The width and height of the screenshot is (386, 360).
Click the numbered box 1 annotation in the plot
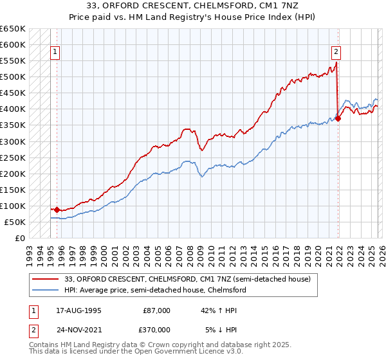pyautogui.click(x=55, y=53)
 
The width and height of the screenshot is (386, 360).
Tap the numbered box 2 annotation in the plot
pyautogui.click(x=336, y=53)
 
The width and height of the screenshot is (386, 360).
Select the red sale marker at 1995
pyautogui.click(x=57, y=210)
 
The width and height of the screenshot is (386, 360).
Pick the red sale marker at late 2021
pyautogui.click(x=338, y=118)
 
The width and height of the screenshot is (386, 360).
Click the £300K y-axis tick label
pyautogui.click(x=13, y=141)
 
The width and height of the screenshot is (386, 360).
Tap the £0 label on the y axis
pyautogui.click(x=19, y=238)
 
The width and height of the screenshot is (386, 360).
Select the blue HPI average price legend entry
pyautogui.click(x=155, y=290)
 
